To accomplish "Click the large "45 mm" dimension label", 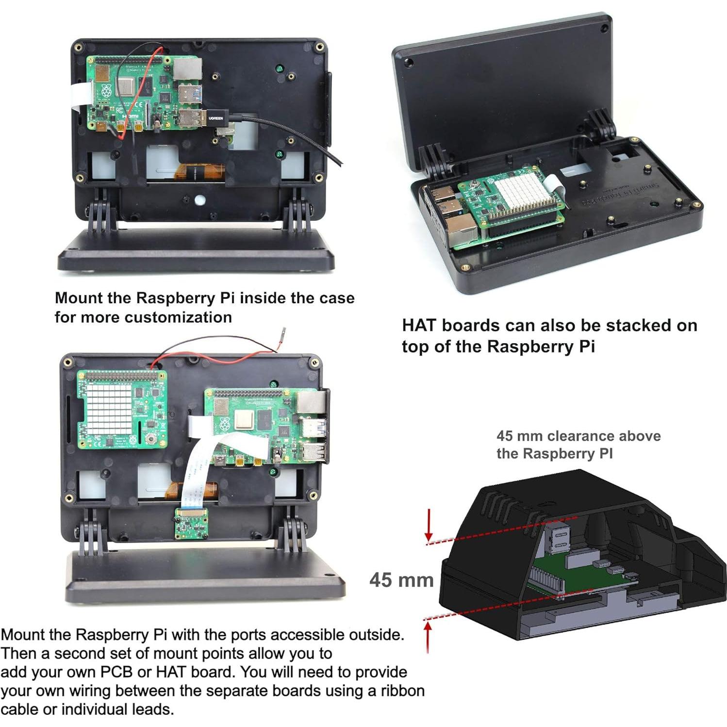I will point(401,580).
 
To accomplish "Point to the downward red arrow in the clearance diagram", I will point(429,525).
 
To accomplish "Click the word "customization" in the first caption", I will point(178,317).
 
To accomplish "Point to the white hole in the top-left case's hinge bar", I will point(199,199).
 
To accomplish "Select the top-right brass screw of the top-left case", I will point(319,47).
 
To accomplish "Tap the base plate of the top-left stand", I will point(196,252).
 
